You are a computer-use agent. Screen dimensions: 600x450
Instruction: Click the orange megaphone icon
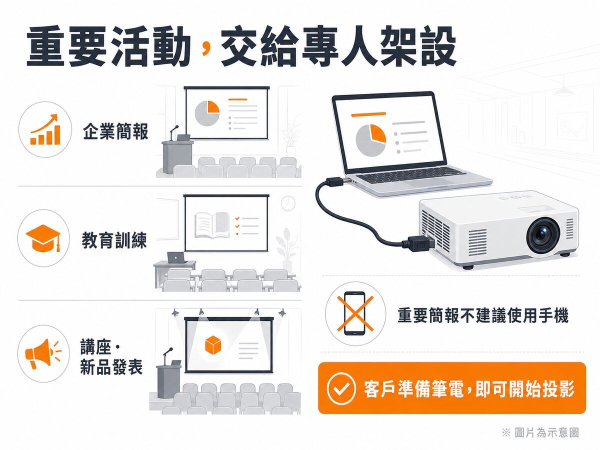[x=43, y=353]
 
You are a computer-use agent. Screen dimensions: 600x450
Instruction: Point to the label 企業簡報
[x=115, y=131]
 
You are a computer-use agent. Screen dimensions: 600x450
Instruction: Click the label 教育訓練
[x=114, y=240]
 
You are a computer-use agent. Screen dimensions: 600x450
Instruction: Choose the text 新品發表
[x=111, y=367]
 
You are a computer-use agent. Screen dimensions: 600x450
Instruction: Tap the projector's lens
[x=543, y=235]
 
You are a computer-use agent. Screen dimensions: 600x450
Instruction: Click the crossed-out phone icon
[x=355, y=313]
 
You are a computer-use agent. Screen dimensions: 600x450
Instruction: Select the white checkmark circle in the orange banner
[x=341, y=389]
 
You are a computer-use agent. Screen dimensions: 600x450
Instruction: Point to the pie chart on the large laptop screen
[x=370, y=140]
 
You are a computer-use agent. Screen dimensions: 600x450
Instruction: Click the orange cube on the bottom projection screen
[x=212, y=345]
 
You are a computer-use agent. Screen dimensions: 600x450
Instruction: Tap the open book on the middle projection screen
[x=212, y=225]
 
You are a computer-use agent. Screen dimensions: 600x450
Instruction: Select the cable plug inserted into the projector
[x=417, y=243]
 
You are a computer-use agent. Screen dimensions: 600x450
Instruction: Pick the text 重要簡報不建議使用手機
[x=483, y=315]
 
